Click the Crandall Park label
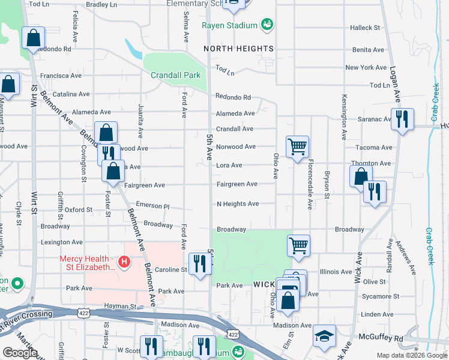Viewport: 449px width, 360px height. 175,76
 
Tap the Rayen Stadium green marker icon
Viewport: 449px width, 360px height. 267,25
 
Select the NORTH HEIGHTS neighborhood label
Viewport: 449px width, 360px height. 238,48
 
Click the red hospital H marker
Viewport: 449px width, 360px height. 124,262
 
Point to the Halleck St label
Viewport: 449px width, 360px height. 366,28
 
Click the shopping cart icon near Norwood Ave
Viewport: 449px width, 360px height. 297,146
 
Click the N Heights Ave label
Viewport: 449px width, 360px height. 238,204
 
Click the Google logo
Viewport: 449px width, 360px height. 20,353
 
